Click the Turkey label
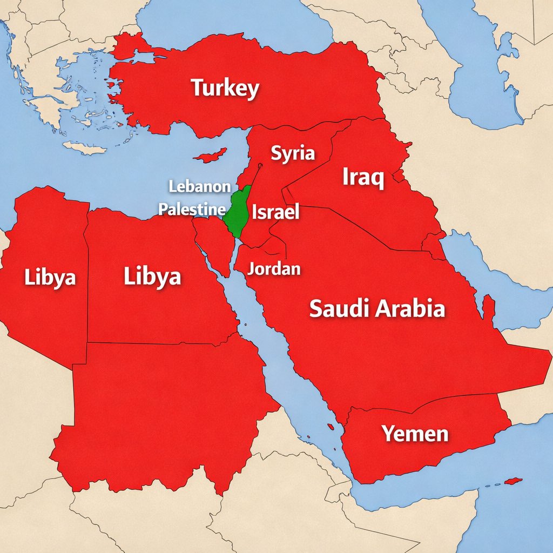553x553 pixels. tap(225, 89)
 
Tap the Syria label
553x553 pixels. tap(292, 153)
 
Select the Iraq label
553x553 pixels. tap(363, 177)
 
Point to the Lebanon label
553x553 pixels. tap(199, 187)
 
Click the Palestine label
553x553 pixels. tap(192, 210)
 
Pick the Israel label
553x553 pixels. tap(275, 212)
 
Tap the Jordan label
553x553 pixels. tap(274, 268)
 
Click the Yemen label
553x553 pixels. tap(415, 433)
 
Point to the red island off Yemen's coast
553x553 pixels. tap(512, 481)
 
